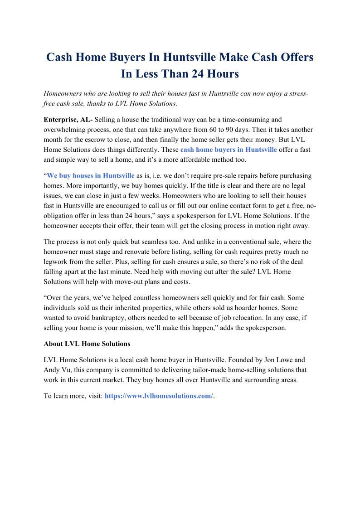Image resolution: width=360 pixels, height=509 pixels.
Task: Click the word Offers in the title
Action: tap(292, 58)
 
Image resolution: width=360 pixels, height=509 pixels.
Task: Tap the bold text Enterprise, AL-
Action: tap(68, 120)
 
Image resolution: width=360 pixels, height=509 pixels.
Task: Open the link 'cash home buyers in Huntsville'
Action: tap(229, 150)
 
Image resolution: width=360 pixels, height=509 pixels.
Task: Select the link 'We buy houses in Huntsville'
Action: tap(91, 175)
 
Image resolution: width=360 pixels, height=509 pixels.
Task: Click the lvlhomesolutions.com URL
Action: tap(159, 396)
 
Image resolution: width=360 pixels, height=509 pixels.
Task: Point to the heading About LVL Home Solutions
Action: tap(87, 343)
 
